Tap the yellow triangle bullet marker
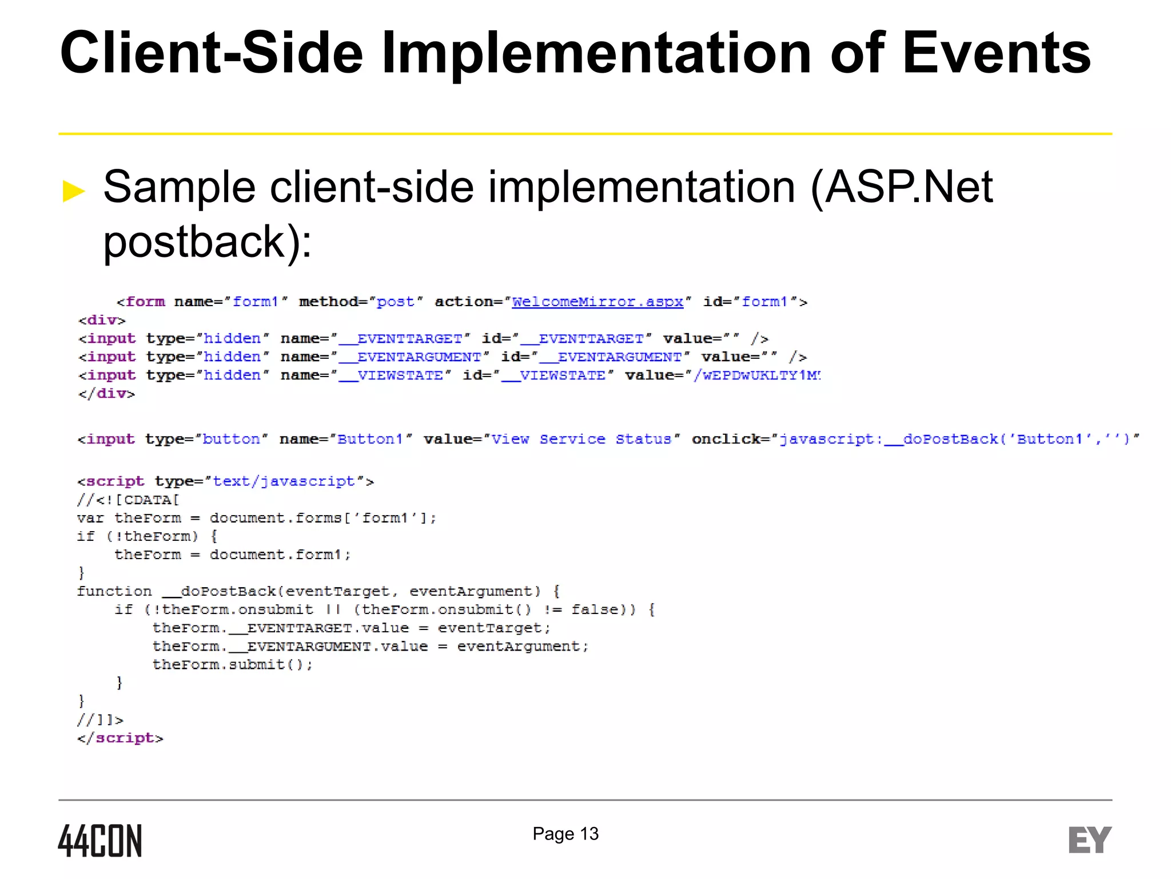pos(74,191)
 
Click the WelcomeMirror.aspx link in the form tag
pos(598,302)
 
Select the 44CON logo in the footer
pos(100,841)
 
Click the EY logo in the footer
pos(1090,840)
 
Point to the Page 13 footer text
pos(565,834)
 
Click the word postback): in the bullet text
pos(207,241)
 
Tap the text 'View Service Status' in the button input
pos(581,439)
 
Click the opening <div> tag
pos(102,320)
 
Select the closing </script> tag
pos(120,738)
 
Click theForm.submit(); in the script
pos(232,664)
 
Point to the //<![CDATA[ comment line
pos(128,500)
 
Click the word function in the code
pos(114,591)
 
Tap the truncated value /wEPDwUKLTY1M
pos(756,375)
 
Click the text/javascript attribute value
pos(284,481)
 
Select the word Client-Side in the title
pos(212,53)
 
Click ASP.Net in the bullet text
pos(909,187)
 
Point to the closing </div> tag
pos(106,394)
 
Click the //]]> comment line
pos(100,720)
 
